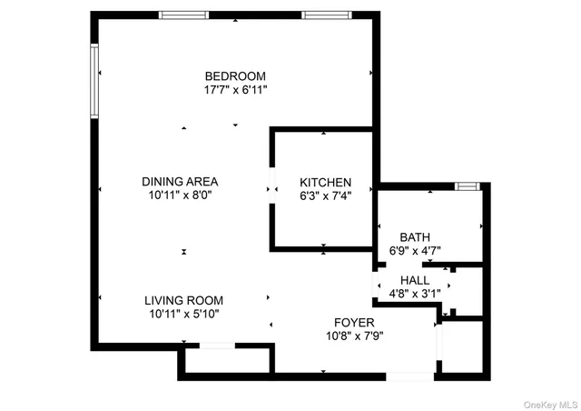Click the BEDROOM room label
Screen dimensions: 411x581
point(235,75)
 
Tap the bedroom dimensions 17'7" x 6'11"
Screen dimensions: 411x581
point(235,90)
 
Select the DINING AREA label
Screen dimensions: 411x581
point(180,181)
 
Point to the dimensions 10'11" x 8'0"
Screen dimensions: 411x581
point(180,195)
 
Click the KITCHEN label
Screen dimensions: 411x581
point(325,183)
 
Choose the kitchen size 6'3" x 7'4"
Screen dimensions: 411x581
point(325,195)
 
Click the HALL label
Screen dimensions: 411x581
point(414,280)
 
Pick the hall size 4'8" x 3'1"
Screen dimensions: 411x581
point(414,294)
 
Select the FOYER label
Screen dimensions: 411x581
point(354,323)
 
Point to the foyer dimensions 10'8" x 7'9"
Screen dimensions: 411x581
point(354,336)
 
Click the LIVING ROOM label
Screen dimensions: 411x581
point(183,300)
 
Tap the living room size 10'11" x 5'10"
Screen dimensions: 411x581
point(183,314)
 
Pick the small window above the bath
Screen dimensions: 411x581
point(467,186)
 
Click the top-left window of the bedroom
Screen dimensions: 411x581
point(185,15)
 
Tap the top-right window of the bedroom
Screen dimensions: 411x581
point(327,15)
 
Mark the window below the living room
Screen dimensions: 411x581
point(218,345)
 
